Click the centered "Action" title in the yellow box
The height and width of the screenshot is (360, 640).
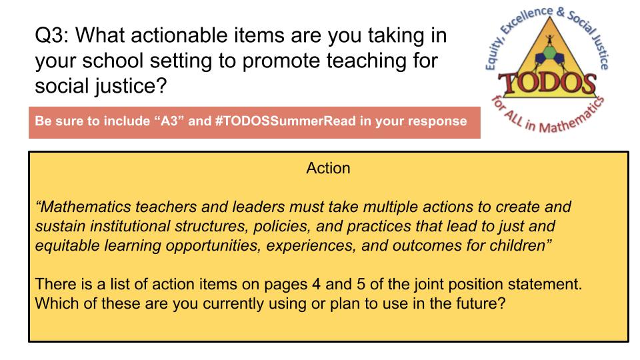[x=328, y=168]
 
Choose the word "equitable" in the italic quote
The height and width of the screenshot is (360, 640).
[x=66, y=245]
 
